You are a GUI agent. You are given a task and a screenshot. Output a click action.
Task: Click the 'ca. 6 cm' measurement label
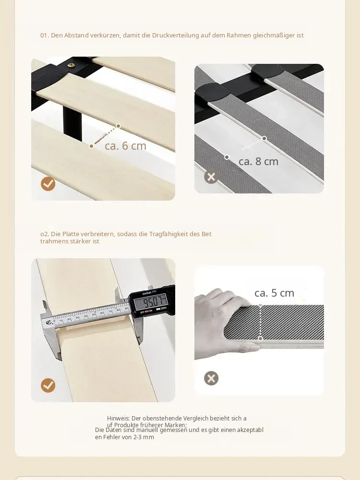click(125, 146)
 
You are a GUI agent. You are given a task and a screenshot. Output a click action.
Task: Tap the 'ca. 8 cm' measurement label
click(258, 161)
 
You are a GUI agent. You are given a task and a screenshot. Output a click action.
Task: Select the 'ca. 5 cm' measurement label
click(274, 293)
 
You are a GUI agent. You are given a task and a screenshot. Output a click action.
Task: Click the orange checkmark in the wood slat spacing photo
click(48, 184)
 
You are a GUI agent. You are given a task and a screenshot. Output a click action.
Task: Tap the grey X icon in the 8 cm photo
click(211, 177)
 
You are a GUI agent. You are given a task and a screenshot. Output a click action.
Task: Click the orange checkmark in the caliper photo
click(48, 385)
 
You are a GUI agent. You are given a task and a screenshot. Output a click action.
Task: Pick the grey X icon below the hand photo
click(211, 378)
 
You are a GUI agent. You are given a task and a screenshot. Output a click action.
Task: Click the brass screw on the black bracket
click(72, 65)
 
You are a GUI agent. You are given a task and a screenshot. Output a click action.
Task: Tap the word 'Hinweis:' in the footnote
click(119, 418)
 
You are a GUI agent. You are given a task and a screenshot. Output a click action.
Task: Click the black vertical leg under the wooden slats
click(72, 122)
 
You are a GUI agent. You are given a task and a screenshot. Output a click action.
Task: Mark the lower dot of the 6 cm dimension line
click(91, 146)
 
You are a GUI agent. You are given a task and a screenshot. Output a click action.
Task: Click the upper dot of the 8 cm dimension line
click(264, 139)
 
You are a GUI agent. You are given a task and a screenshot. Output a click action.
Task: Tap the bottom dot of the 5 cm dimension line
click(260, 338)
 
